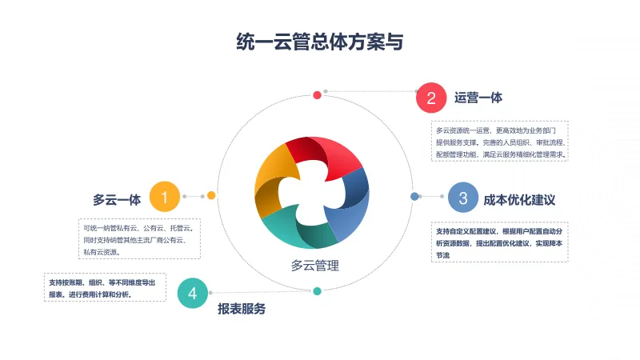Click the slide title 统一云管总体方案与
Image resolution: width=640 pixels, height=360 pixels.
pyautogui.click(x=320, y=42)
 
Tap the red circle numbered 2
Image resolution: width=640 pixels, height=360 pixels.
pyautogui.click(x=431, y=98)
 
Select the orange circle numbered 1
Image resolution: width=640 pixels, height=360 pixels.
pyautogui.click(x=165, y=196)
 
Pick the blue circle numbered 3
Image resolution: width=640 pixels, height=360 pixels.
pyautogui.click(x=462, y=197)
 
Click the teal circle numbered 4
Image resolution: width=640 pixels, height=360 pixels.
pyautogui.click(x=192, y=294)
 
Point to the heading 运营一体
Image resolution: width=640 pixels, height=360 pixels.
pyautogui.click(x=478, y=98)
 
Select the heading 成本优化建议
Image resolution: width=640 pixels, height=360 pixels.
pyautogui.click(x=519, y=198)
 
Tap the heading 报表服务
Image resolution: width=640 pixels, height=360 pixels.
pyautogui.click(x=242, y=309)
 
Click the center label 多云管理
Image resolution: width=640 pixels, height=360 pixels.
pyautogui.click(x=315, y=266)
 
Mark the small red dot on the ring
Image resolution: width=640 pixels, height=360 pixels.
pyautogui.click(x=318, y=95)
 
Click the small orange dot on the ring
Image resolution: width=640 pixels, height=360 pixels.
pyautogui.click(x=211, y=195)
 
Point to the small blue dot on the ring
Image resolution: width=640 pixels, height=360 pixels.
pyautogui.click(x=414, y=196)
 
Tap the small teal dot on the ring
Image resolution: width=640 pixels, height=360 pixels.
pyautogui.click(x=318, y=291)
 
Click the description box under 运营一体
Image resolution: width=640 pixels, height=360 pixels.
pyautogui.click(x=500, y=142)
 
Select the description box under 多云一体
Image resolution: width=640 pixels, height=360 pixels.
pyautogui.click(x=139, y=239)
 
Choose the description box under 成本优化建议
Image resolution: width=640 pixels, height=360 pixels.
pyautogui.click(x=500, y=242)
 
